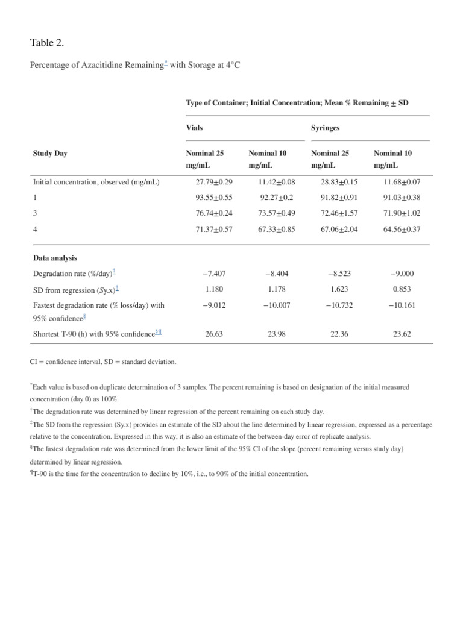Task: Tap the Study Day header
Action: (50, 153)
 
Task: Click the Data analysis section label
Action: (55, 258)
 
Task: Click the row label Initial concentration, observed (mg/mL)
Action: (96, 181)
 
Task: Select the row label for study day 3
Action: (35, 213)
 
